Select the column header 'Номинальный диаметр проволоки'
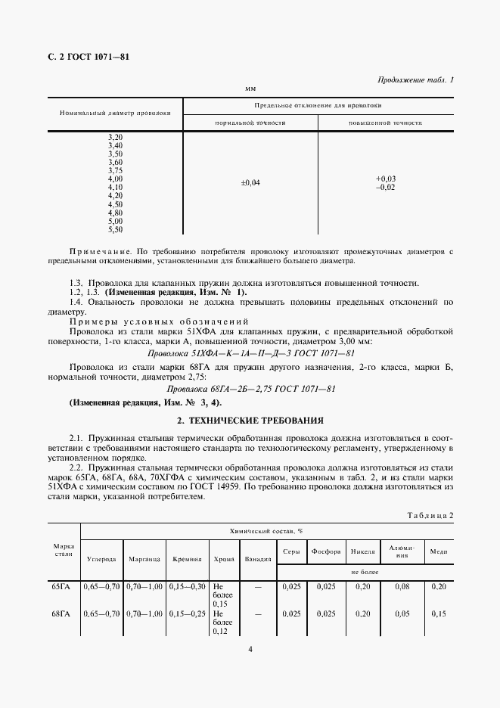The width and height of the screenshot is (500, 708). (115, 113)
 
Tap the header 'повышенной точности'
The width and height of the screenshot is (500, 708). (385, 122)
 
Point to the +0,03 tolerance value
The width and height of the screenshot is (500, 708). (386, 179)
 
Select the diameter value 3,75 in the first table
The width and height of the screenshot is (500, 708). (115, 170)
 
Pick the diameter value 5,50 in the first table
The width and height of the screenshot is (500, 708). (115, 229)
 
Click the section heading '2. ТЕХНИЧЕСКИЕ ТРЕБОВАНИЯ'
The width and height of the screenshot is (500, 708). (250, 419)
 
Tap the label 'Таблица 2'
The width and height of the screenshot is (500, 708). (430, 515)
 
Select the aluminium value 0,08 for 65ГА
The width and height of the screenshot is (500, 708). (401, 586)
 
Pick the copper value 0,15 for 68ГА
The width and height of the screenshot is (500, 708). (438, 613)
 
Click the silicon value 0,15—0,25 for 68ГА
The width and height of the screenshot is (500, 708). (186, 613)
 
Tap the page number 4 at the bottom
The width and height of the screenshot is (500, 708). (250, 648)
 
